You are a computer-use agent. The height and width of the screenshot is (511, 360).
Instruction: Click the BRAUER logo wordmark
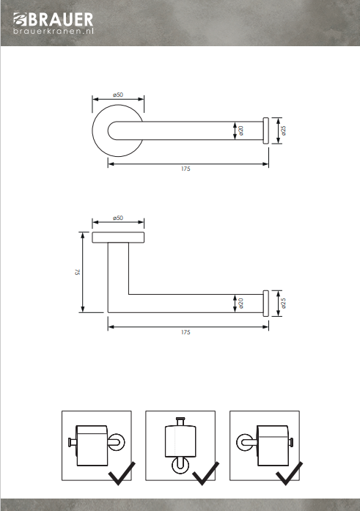point(61,20)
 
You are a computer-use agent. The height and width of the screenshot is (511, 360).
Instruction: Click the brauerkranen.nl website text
point(54,31)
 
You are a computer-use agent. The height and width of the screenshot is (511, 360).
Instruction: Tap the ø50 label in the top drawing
point(118,95)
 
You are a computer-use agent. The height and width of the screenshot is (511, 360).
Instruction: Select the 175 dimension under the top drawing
point(185,169)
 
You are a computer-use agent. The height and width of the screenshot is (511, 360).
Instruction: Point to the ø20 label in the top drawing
point(240,130)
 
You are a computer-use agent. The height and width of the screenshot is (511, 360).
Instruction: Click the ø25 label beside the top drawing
point(283,130)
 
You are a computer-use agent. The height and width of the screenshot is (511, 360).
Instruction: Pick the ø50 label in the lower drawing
point(118,218)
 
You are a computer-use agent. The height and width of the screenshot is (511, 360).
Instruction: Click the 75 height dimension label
point(77,272)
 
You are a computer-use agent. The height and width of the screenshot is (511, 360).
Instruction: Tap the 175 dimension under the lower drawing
point(185,332)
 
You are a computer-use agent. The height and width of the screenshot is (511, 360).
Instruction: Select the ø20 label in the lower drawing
point(240,303)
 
